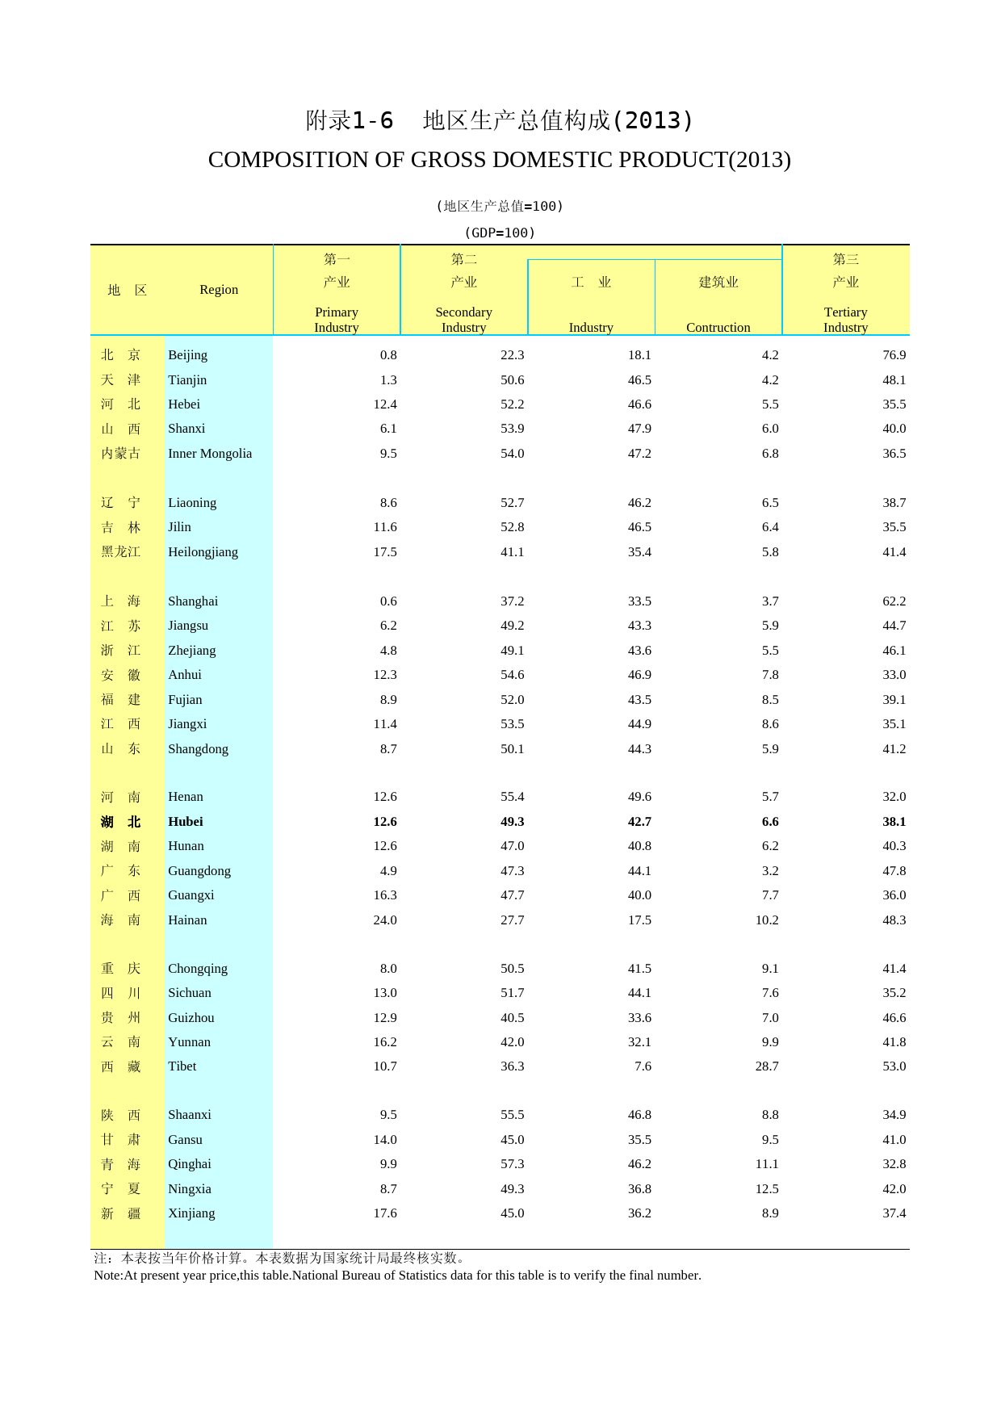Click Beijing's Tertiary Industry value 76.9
tap(894, 355)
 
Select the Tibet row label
tap(182, 1066)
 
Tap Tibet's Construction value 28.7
tap(767, 1066)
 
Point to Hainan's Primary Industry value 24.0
tap(385, 920)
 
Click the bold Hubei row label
tap(186, 822)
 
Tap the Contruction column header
tap(718, 327)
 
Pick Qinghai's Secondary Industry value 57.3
tap(512, 1164)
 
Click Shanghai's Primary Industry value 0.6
tap(388, 601)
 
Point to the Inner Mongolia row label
tap(210, 454)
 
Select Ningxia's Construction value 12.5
tap(767, 1189)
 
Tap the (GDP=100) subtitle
tap(500, 233)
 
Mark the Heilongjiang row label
tap(203, 552)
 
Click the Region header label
tap(219, 290)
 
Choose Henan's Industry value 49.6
tap(639, 797)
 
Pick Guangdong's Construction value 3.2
tap(770, 871)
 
